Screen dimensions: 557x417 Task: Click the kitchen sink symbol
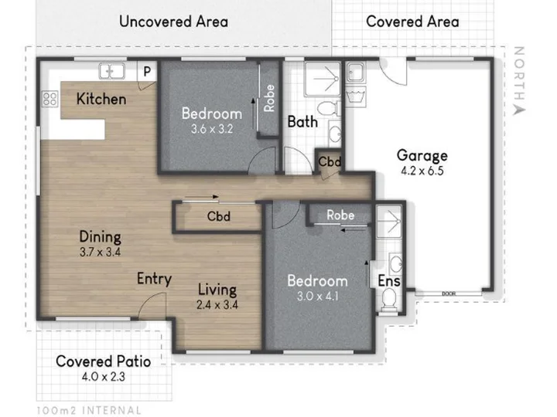(111, 71)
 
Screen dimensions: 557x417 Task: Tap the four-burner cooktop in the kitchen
(50, 99)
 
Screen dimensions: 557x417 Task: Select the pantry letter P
(147, 72)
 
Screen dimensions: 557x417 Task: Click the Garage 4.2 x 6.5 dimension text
(422, 171)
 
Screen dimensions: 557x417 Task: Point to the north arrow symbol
(519, 110)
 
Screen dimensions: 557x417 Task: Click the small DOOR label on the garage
(449, 293)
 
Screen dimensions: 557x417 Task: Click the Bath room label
(302, 122)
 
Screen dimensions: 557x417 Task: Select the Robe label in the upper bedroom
(269, 98)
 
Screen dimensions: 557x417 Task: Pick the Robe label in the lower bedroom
(340, 215)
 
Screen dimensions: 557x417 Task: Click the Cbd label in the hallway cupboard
(218, 216)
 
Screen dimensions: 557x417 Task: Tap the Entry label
(154, 279)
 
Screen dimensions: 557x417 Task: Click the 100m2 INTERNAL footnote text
(89, 411)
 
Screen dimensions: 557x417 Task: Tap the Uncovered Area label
(174, 22)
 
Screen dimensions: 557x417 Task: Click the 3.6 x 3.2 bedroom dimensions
(212, 129)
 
